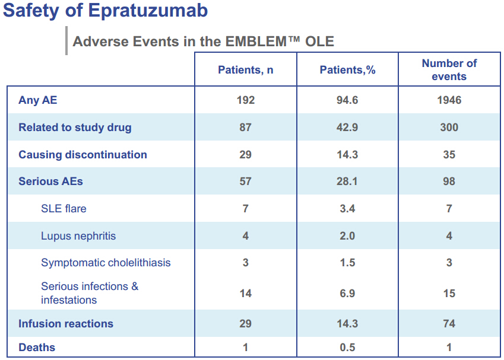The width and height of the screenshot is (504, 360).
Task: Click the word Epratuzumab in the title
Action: pos(148,11)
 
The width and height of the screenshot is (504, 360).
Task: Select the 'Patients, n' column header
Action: pos(246,70)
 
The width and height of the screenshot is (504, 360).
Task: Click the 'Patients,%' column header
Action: pos(347,70)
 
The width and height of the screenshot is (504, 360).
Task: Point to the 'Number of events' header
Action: pos(449,70)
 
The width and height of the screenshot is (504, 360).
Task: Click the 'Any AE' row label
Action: pos(37,100)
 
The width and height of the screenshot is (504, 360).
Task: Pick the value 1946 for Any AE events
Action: pos(449,100)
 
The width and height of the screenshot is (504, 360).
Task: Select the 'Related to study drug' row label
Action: pos(75,128)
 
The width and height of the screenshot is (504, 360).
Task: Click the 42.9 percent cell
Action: pos(347,128)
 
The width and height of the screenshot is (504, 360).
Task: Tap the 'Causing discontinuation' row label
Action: pos(83,154)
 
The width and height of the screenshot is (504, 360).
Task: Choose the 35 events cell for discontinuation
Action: pos(449,155)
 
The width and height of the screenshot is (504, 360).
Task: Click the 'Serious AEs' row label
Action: pos(50,181)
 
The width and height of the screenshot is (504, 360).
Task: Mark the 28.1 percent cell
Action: pos(347,181)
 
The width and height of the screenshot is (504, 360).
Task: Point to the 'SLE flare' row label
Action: pos(64,209)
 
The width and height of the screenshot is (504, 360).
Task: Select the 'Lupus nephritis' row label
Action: pos(78,236)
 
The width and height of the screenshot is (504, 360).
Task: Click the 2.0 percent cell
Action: pos(347,236)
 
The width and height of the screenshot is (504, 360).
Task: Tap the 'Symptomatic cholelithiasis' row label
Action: pos(106,263)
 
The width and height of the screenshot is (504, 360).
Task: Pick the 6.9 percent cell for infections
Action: pos(347,293)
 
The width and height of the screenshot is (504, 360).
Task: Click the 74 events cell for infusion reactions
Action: pos(449,323)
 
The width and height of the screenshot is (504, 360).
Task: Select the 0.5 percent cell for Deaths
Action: pos(347,348)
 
